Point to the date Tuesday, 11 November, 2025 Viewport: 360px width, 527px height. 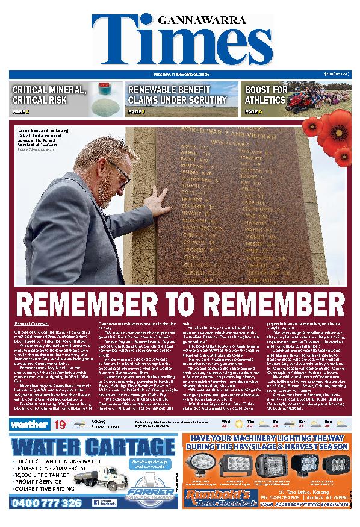[x=180, y=73]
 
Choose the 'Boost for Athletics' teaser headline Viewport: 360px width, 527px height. [x=265, y=95]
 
